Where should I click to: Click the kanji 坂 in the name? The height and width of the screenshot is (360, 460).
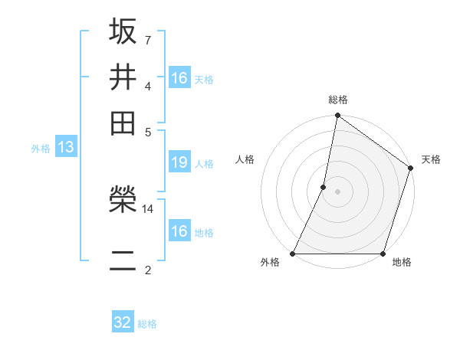123,31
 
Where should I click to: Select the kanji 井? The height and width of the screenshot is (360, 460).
123,77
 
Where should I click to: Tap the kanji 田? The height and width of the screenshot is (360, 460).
123,123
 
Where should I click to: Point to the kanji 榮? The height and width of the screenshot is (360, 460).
123,201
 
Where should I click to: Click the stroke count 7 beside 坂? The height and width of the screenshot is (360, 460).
147,39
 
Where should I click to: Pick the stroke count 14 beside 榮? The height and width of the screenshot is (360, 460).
148,208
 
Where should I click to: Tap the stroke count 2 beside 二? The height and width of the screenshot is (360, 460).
147,270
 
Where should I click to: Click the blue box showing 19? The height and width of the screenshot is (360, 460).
179,162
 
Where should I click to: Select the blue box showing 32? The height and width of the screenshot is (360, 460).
123,322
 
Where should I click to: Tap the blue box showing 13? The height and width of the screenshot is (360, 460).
65,147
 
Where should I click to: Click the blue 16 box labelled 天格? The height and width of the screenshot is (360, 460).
179,78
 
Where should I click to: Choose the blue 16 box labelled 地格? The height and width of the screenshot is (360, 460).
179,231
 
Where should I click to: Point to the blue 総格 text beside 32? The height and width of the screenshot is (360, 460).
148,324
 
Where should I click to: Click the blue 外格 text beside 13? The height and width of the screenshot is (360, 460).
41,149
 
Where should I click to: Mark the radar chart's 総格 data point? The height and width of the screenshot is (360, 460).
337,116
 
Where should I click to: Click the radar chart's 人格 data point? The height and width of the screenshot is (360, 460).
324,186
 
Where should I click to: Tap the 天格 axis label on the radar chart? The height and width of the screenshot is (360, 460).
431,159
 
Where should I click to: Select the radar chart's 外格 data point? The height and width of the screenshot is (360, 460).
293,254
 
